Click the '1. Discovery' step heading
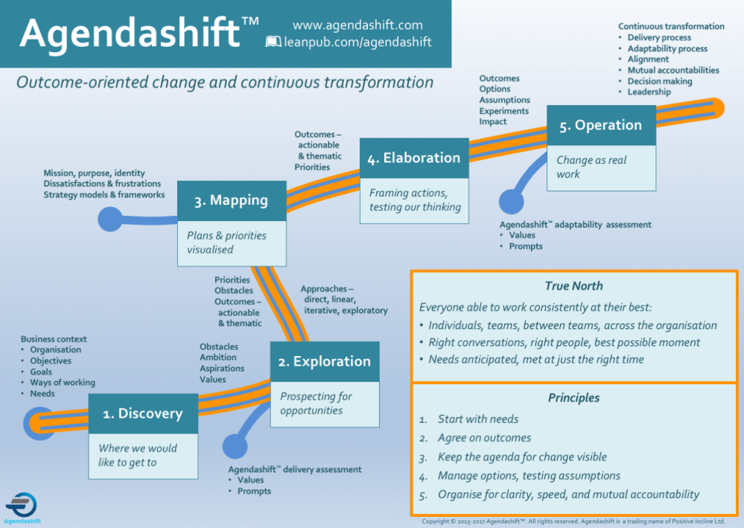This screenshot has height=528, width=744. (143, 413)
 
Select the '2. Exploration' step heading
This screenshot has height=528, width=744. (324, 362)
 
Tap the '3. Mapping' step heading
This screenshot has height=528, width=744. (231, 200)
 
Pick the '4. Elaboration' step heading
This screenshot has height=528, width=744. (414, 158)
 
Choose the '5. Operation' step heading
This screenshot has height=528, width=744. (601, 125)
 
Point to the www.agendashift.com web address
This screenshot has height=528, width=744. (357, 25)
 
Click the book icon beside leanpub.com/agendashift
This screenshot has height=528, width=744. (273, 42)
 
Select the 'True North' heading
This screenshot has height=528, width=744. (573, 286)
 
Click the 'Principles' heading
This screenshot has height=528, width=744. (573, 398)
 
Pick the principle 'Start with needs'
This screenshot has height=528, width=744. (477, 419)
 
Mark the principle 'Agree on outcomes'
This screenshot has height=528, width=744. (484, 438)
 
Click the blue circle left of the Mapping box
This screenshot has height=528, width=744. (111, 218)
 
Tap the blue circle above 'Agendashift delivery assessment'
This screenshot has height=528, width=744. (235, 445)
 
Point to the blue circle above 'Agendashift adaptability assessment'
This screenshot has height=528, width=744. (511, 201)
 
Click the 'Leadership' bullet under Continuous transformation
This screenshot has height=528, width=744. (649, 92)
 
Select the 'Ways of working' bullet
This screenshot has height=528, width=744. (63, 383)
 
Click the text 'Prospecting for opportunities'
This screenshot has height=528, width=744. (315, 404)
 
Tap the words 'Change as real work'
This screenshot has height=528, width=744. (591, 167)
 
